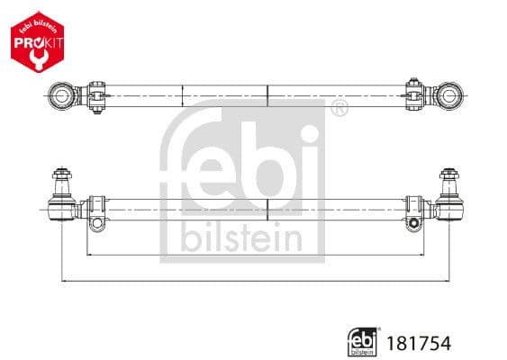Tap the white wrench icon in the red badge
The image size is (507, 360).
tap(36, 56)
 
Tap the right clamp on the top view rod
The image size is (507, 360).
tap(414, 92)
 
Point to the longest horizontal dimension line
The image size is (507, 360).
tap(255, 281)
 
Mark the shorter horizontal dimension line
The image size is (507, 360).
tap(255, 256)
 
